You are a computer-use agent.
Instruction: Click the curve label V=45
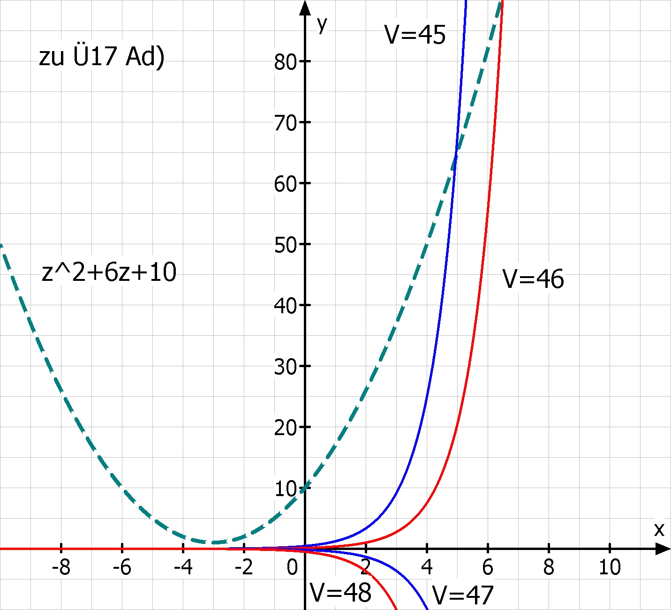coord(415,35)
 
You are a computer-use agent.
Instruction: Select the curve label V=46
coord(533,279)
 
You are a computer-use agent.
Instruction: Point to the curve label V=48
coord(341,592)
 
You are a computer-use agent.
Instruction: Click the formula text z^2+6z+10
coord(109,272)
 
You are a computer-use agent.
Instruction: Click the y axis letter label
coord(322,24)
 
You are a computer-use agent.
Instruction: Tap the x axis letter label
coord(659,529)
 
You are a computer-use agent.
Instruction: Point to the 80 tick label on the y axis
coord(286,62)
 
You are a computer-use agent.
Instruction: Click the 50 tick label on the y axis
coord(286,245)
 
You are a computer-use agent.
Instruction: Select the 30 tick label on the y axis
coord(286,367)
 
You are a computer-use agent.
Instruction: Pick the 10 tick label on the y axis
coord(286,489)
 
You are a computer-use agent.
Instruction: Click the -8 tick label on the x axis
coord(61,568)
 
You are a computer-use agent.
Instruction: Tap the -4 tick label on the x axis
coord(183,568)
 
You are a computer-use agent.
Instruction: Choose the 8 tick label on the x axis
coord(549,568)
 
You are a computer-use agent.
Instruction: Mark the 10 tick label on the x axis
coord(610,568)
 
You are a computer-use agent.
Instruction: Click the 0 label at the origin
coord(292,568)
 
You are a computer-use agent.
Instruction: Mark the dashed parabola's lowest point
coord(214,542)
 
